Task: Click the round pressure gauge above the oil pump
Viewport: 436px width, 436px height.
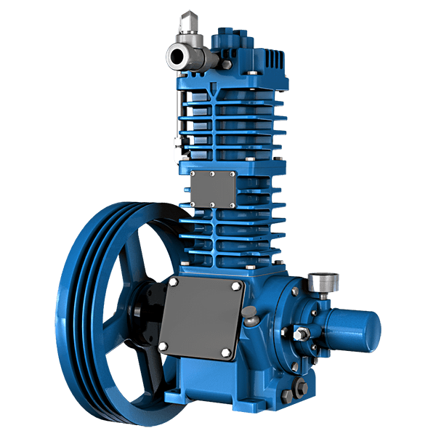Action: [x=317, y=282]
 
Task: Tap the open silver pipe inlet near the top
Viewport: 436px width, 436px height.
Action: [x=176, y=56]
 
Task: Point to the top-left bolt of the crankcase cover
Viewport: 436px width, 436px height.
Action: [x=174, y=281]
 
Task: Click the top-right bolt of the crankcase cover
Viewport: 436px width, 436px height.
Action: [x=234, y=288]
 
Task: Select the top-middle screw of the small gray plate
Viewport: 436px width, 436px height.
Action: [x=211, y=174]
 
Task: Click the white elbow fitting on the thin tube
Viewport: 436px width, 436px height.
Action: [x=176, y=154]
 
